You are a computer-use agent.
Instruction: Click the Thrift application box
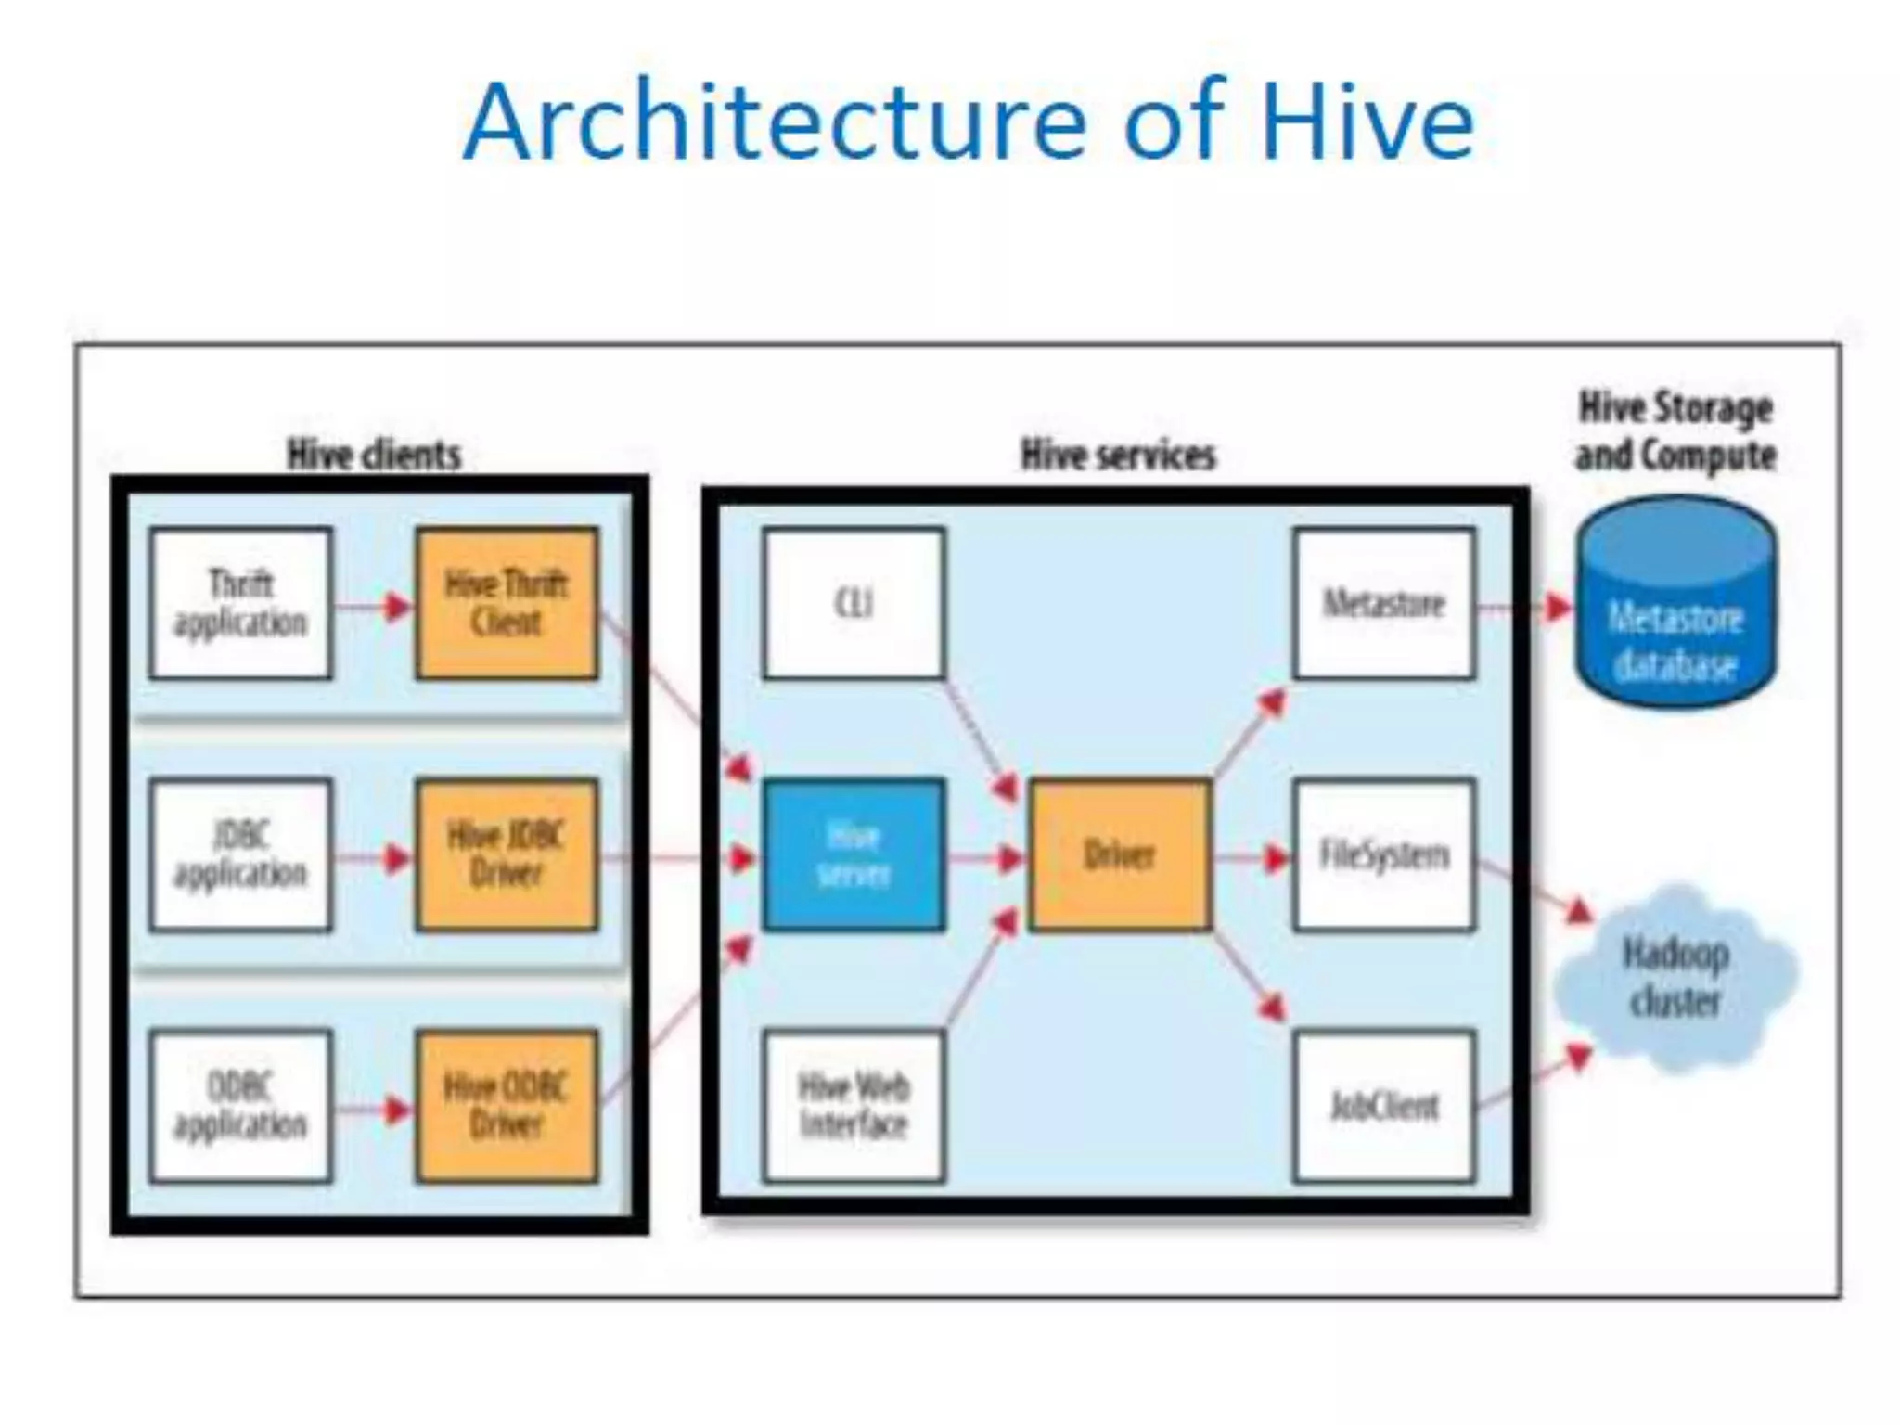(x=240, y=603)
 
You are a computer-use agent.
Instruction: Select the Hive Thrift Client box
(x=507, y=603)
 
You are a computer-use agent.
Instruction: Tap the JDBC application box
(x=240, y=854)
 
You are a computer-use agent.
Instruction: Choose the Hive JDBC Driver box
(x=507, y=854)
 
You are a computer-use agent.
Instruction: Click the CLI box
(x=854, y=603)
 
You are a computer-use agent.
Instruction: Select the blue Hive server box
(x=854, y=854)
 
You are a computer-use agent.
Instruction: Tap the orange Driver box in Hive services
(x=1120, y=854)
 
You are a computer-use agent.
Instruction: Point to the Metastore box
(x=1384, y=603)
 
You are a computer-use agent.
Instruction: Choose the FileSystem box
(x=1384, y=854)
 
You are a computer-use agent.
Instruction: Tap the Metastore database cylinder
(x=1676, y=612)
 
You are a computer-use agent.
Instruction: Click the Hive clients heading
(x=374, y=455)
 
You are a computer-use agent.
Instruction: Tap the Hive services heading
(x=1118, y=455)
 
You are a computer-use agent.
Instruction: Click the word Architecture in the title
(x=774, y=123)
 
